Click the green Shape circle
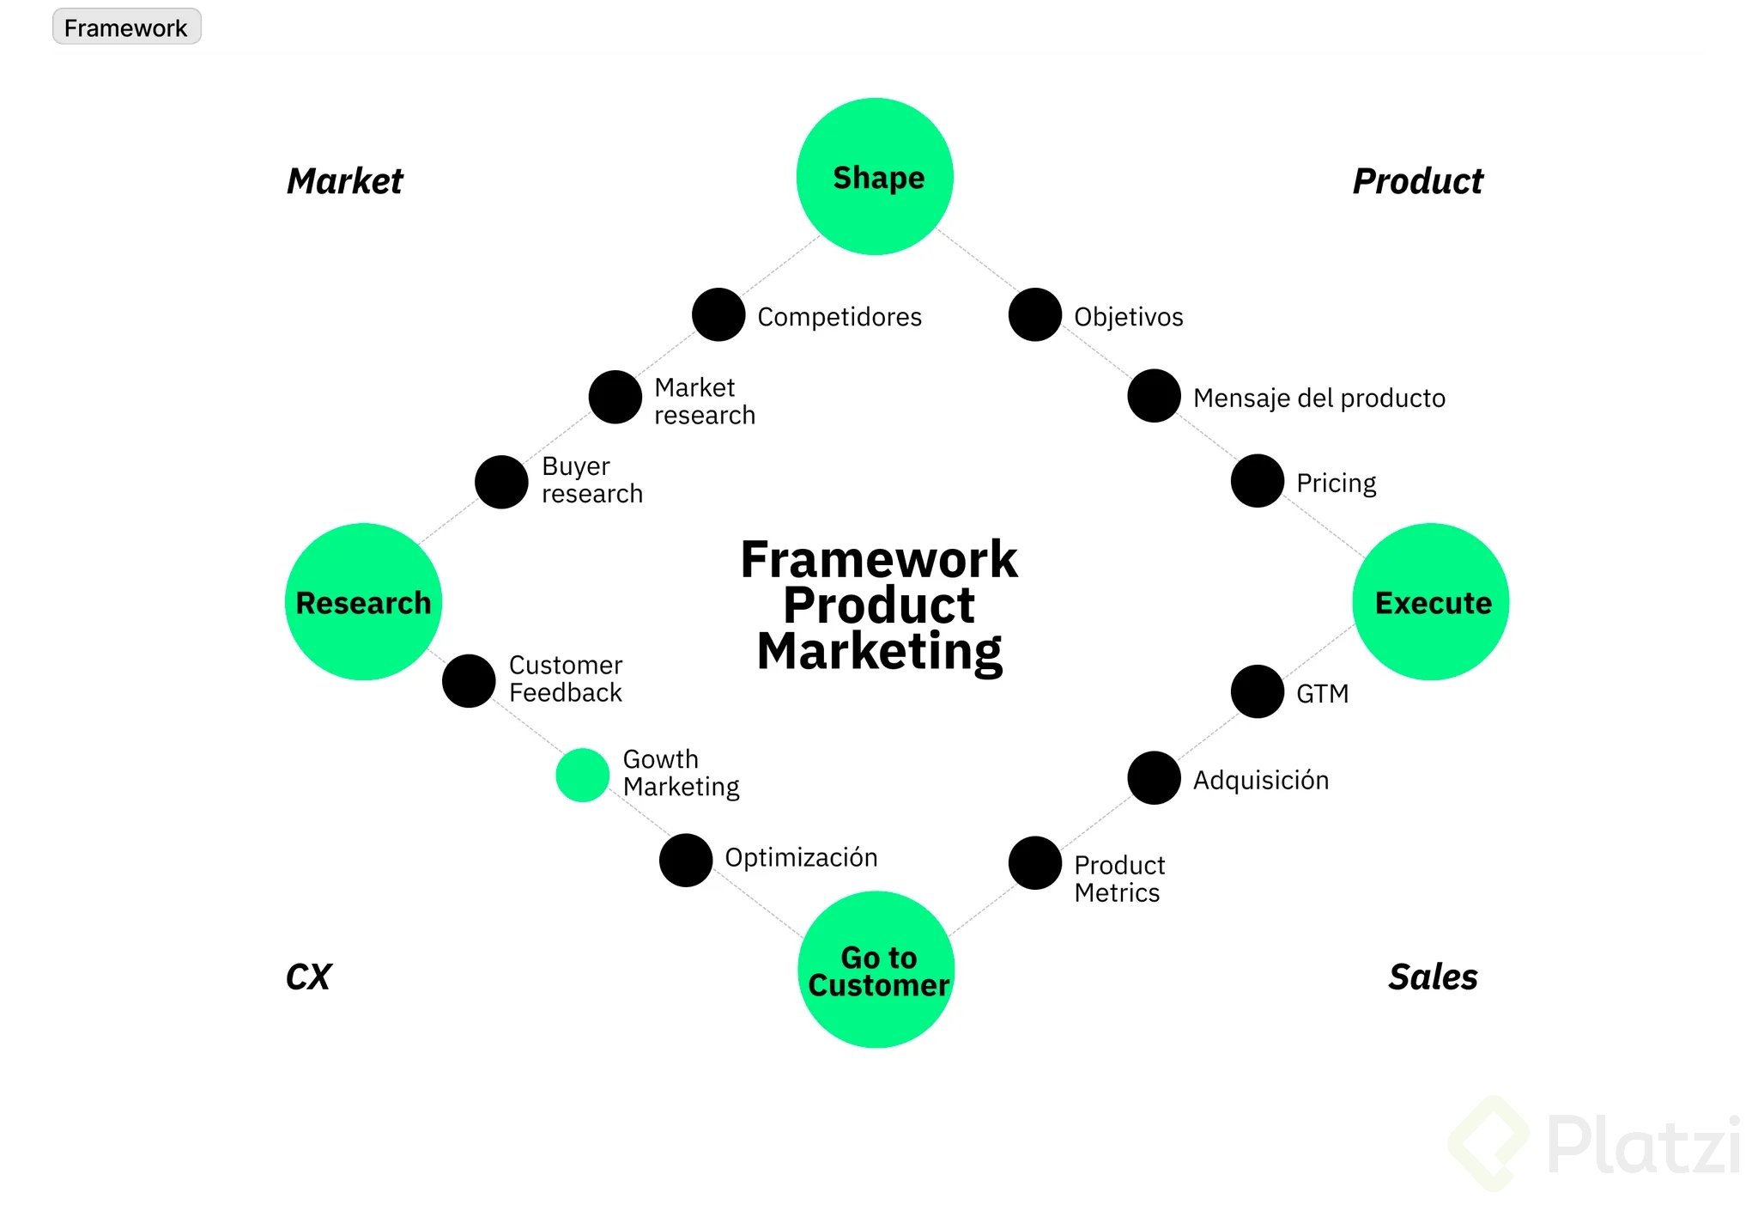(x=875, y=176)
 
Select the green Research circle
(x=363, y=601)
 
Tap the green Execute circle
(x=1430, y=601)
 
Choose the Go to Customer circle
(x=876, y=970)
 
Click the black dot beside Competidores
(x=718, y=314)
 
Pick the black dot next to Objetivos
(x=1035, y=314)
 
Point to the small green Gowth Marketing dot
(x=583, y=775)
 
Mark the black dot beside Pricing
(x=1258, y=481)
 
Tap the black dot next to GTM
(x=1258, y=691)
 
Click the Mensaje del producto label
(x=1318, y=398)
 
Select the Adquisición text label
(x=1260, y=780)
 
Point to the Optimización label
(x=801, y=857)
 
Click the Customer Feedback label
(x=566, y=679)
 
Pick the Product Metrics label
(x=1118, y=879)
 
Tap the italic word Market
(x=344, y=181)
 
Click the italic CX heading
(x=308, y=977)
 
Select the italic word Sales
(x=1433, y=977)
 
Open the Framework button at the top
(x=126, y=27)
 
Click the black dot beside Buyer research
(x=501, y=482)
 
